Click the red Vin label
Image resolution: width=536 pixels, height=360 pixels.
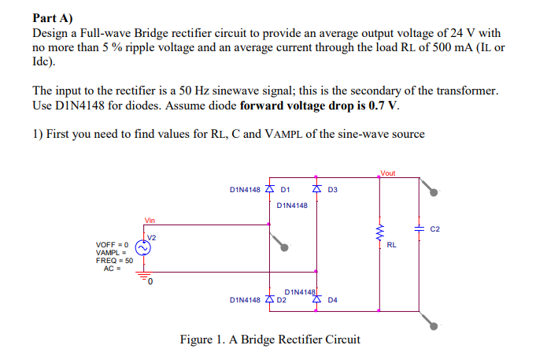point(150,220)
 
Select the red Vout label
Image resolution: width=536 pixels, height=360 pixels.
point(387,173)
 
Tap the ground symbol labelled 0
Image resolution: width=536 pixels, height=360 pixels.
point(144,276)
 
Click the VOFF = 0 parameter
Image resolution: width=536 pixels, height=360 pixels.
point(113,245)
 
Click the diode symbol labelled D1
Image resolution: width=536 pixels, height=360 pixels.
point(270,190)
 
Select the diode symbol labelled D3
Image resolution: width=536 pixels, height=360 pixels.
point(316,190)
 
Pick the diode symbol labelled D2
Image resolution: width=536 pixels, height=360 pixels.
point(270,299)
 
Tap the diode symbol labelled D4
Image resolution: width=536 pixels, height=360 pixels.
point(316,299)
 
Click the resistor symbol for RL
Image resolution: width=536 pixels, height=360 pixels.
point(380,234)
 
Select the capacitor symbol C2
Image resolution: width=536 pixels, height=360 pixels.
point(419,228)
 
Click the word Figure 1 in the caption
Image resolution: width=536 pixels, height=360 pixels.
point(202,340)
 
